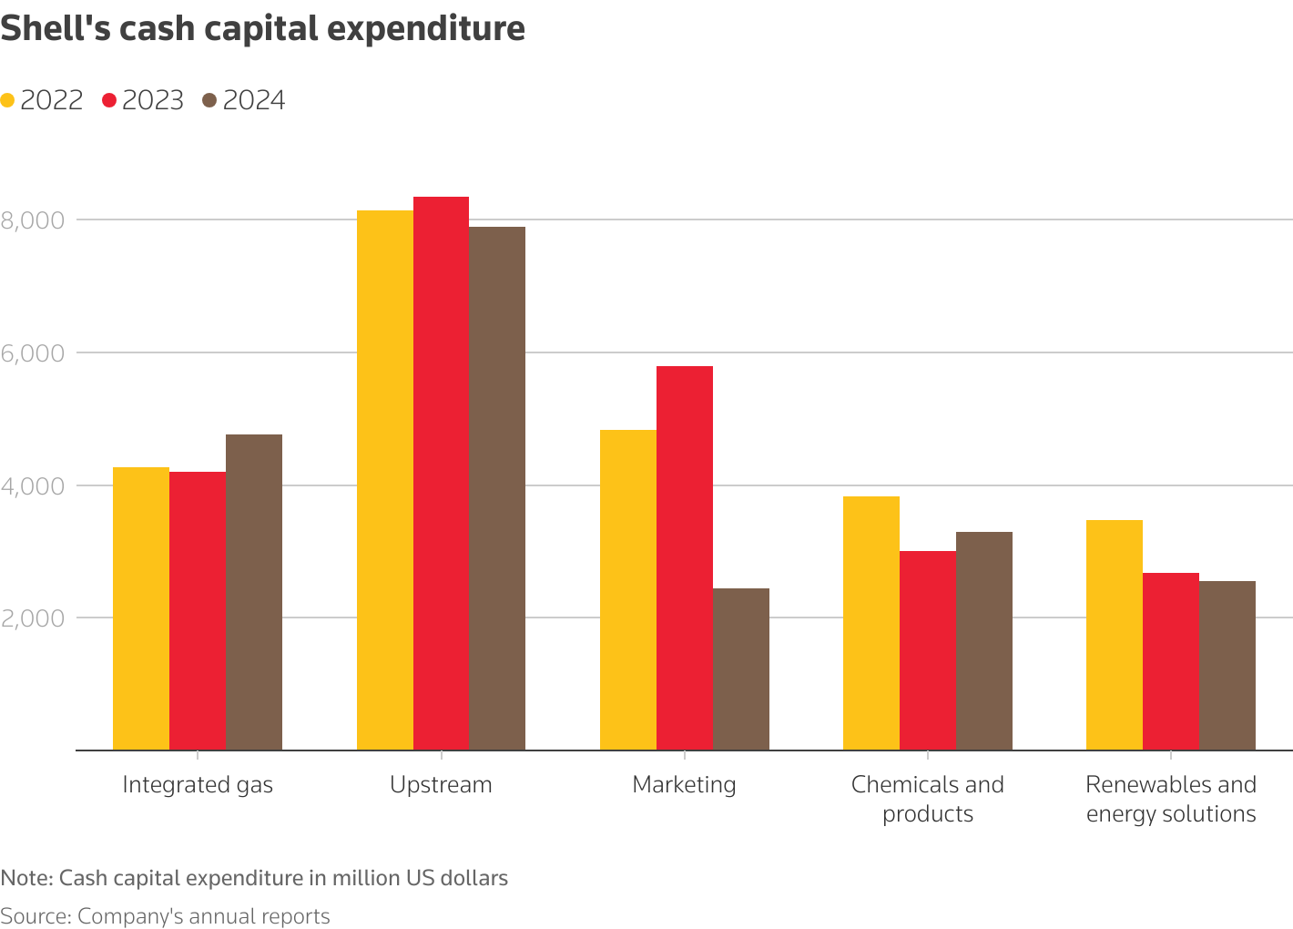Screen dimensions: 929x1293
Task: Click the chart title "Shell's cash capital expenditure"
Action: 263,29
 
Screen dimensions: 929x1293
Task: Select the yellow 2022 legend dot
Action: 8,101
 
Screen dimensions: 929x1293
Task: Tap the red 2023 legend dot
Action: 110,101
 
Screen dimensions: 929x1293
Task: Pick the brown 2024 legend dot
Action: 210,101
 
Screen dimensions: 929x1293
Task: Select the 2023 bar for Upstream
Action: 441,474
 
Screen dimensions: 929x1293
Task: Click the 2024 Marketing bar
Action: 740,669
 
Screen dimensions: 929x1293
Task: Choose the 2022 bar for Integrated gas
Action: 140,608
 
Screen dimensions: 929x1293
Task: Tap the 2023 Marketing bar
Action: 684,557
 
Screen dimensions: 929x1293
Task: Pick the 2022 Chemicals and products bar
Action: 870,623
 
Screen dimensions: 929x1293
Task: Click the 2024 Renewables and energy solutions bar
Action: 1227,666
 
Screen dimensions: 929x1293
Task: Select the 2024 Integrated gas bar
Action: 253,592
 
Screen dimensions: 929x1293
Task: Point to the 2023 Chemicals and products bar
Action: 927,650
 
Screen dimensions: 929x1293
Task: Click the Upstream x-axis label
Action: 441,785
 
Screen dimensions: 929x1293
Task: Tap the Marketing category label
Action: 684,785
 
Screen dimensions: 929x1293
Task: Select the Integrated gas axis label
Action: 198,785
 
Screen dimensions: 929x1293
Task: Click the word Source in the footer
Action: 34,916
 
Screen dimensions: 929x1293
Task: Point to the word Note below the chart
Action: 26,879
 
